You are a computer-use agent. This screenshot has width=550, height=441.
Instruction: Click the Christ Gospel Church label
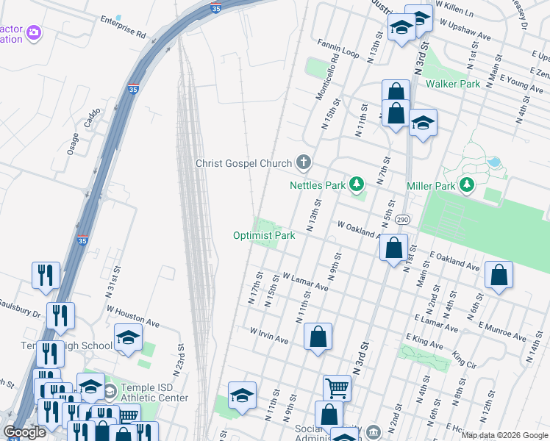pos(243,163)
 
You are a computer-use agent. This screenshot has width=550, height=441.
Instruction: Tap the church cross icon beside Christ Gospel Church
pos(302,162)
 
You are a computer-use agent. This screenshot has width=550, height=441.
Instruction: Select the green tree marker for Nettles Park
pos(357,184)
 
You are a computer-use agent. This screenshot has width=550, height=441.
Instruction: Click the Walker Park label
pos(453,85)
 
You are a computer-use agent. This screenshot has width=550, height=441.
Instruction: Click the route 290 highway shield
pos(401,220)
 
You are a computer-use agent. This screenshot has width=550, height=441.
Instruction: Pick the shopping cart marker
pos(337,387)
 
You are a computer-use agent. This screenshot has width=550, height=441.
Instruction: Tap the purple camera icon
pos(33,33)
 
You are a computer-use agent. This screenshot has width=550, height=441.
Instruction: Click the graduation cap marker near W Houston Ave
pos(128,338)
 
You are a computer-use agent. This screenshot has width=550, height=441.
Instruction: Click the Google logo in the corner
pos(25,432)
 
